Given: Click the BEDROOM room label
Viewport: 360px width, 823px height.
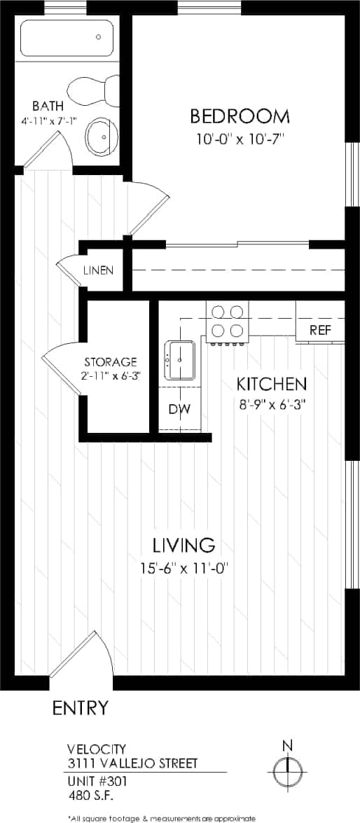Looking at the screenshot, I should click(x=240, y=116).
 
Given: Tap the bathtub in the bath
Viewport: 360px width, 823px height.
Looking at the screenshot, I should click(x=67, y=39).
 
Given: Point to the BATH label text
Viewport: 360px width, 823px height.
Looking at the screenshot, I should click(x=47, y=106).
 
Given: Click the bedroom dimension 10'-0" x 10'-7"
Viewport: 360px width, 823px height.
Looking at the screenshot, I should click(x=240, y=139).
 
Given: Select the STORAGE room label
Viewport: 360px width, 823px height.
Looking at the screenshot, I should click(x=110, y=362).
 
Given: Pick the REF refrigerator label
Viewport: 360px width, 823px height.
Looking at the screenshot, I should click(x=320, y=331).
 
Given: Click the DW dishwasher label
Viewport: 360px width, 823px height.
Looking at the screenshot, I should click(x=179, y=409).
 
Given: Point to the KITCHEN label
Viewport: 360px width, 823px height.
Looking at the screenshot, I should click(x=271, y=384).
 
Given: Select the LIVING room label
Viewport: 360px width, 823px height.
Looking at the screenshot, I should click(x=184, y=544).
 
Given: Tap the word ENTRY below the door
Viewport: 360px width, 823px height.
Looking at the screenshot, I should click(x=81, y=707).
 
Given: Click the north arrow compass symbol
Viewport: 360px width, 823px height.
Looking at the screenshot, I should click(x=287, y=772).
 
